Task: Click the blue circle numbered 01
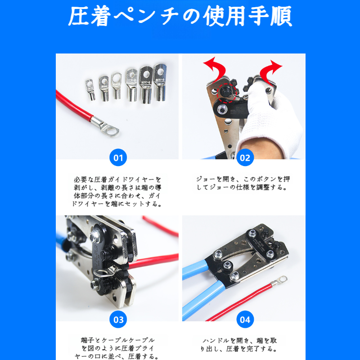pos(118,158)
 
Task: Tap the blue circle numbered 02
pos(245,158)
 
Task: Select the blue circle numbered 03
pos(118,320)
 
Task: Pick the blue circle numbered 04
pos(245,320)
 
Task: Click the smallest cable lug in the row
pos(90,88)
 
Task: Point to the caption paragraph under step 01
pos(118,191)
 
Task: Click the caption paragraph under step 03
pos(118,348)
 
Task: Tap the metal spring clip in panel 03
pos(104,272)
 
